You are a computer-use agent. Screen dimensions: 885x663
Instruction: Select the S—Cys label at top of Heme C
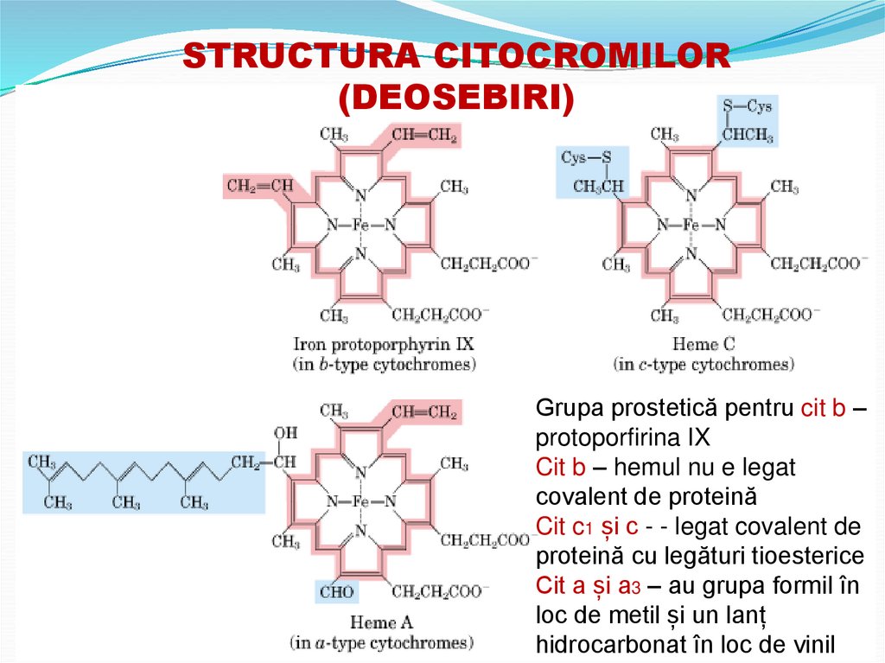[x=748, y=107]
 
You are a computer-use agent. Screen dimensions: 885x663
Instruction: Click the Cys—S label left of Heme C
[x=586, y=157]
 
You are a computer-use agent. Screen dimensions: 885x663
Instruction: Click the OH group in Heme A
[x=284, y=433]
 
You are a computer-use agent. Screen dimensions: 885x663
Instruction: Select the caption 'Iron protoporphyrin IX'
[x=385, y=344]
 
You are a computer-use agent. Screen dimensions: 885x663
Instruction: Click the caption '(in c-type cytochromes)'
[x=703, y=365]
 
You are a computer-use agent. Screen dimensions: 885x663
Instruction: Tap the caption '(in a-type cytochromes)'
[x=381, y=642]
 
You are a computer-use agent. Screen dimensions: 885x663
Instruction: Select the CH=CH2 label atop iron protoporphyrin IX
[x=424, y=134]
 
